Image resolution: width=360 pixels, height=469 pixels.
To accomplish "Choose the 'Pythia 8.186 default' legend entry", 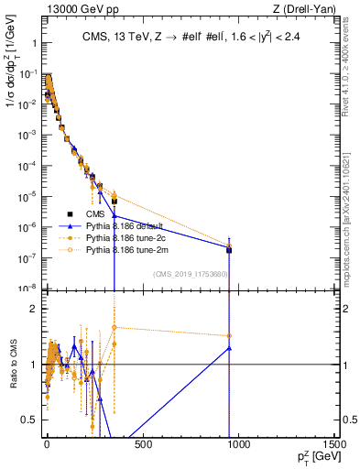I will coord(124,225).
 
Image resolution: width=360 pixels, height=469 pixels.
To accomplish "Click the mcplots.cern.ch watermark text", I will coord(351,234).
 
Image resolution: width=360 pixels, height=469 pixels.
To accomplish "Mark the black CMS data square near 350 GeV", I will coord(115,202).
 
